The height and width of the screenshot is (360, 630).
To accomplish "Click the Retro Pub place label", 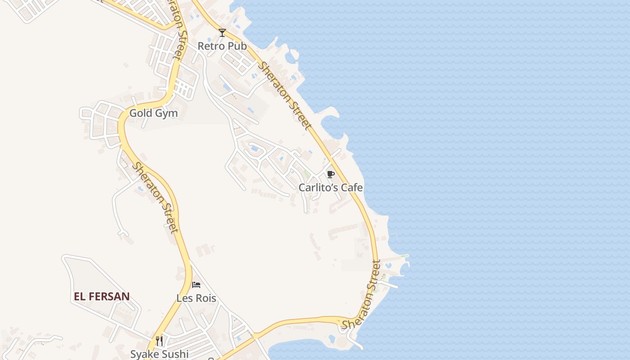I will click(222, 46).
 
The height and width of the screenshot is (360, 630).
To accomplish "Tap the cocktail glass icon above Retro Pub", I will click(222, 33).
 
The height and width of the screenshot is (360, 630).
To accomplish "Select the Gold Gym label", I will click(153, 113).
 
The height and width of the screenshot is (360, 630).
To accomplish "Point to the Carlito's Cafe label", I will click(331, 187).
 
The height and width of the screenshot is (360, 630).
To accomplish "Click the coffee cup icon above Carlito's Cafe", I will click(331, 174).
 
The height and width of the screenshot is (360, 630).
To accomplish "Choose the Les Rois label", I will click(196, 298).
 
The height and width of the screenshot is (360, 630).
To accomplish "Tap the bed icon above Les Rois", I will click(196, 284).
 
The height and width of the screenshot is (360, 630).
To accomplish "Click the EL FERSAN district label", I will click(102, 297).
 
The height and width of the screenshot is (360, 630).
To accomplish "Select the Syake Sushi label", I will click(159, 354).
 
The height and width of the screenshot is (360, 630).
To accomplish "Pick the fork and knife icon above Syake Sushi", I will click(159, 341).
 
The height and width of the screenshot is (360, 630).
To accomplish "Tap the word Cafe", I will click(352, 187).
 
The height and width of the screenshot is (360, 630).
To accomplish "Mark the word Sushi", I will click(174, 354).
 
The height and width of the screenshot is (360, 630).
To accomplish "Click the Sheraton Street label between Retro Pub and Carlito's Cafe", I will click(285, 96).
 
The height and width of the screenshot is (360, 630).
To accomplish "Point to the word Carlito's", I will click(319, 187).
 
